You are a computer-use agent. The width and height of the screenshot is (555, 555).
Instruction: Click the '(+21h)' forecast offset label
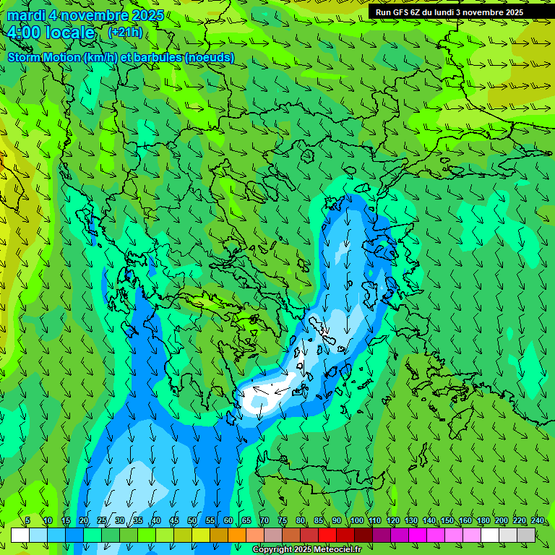tap(125, 33)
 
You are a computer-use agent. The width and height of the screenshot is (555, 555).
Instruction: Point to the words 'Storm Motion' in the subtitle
tap(44, 57)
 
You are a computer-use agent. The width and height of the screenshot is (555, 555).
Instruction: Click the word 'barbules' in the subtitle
tap(163, 57)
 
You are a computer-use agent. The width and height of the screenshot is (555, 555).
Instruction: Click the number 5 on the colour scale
tap(27, 521)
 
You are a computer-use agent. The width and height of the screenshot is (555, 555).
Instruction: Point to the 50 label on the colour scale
tap(192, 521)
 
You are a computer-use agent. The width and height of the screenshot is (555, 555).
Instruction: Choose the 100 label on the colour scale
tap(357, 521)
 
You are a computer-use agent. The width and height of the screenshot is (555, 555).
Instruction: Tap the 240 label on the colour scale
tap(538, 521)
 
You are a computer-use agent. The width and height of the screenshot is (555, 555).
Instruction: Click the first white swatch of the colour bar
tap(20, 535)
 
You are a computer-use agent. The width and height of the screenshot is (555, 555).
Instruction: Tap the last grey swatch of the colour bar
tap(526, 535)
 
